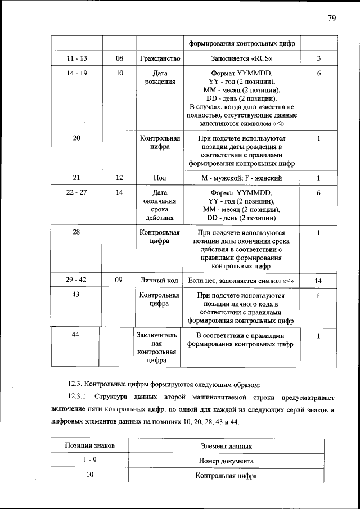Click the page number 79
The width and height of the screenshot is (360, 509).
[x=331, y=18]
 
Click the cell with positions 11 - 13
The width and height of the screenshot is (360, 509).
[x=76, y=58]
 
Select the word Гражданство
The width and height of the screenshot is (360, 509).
[x=160, y=58]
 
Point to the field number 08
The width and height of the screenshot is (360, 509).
[x=119, y=58]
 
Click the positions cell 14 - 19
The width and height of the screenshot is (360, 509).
[x=76, y=73]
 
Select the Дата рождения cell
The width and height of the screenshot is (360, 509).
[x=160, y=77]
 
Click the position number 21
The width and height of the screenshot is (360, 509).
[x=76, y=178]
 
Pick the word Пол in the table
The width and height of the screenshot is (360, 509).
[x=160, y=178]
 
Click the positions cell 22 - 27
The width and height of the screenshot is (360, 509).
[x=76, y=192]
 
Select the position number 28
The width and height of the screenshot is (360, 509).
[x=76, y=232]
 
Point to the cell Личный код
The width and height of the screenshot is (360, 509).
[x=160, y=280]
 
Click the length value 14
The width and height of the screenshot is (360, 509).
[x=318, y=280]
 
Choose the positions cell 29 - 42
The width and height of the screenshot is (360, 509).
[x=76, y=280]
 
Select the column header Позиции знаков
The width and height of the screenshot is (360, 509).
[x=90, y=445]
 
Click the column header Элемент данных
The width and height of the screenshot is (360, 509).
[x=226, y=446]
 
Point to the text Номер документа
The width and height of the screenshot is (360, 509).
[x=226, y=461]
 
